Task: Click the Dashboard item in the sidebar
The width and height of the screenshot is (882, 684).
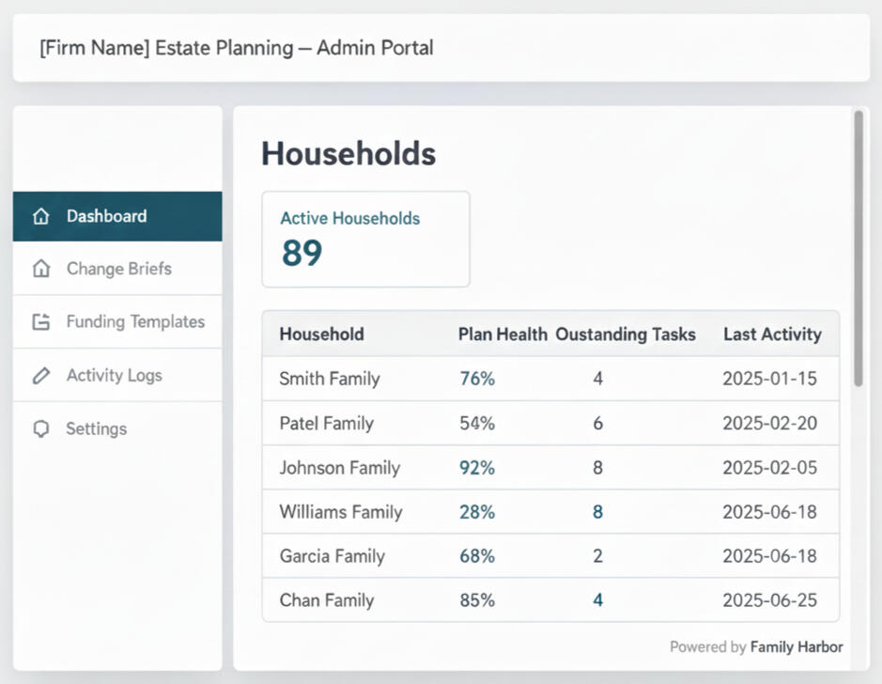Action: pyautogui.click(x=106, y=216)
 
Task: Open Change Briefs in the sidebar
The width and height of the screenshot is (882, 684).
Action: pyautogui.click(x=118, y=269)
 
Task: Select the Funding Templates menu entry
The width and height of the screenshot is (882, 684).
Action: pyautogui.click(x=134, y=321)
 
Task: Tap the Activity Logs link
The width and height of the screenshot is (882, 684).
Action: pyautogui.click(x=114, y=375)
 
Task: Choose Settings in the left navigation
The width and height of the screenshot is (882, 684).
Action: pyautogui.click(x=96, y=428)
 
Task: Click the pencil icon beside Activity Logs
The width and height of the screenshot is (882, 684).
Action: pyautogui.click(x=40, y=375)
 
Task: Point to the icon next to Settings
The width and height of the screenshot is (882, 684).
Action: pyautogui.click(x=40, y=428)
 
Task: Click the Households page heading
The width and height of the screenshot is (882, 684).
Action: pyautogui.click(x=348, y=153)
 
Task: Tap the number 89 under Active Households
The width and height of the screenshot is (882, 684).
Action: pyautogui.click(x=302, y=253)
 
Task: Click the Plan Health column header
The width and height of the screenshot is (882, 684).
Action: pyautogui.click(x=503, y=334)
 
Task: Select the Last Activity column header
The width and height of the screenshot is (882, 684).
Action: pyautogui.click(x=772, y=334)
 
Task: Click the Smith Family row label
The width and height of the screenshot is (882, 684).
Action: pyautogui.click(x=329, y=379)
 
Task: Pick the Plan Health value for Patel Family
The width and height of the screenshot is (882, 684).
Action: pyautogui.click(x=476, y=423)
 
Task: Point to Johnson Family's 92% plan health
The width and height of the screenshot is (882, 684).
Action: pyautogui.click(x=476, y=467)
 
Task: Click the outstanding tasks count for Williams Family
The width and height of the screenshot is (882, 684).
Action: pyautogui.click(x=597, y=511)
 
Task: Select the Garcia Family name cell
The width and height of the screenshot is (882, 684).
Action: pyautogui.click(x=332, y=555)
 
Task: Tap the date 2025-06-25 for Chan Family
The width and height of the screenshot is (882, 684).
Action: pyautogui.click(x=769, y=599)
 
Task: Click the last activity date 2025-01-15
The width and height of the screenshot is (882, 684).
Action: pyautogui.click(x=769, y=379)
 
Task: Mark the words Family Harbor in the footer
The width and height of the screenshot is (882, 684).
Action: pyautogui.click(x=797, y=646)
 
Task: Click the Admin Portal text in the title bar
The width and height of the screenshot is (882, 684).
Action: pyautogui.click(x=375, y=48)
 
